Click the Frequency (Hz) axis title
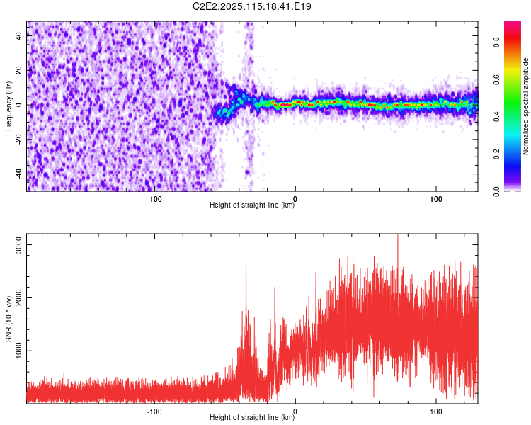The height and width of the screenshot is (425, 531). pos(8,106)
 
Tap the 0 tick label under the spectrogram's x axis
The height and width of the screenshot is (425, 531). pos(295,198)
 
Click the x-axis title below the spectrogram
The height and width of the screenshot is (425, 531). pos(253,205)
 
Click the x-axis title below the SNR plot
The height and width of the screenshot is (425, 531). pos(253,418)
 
